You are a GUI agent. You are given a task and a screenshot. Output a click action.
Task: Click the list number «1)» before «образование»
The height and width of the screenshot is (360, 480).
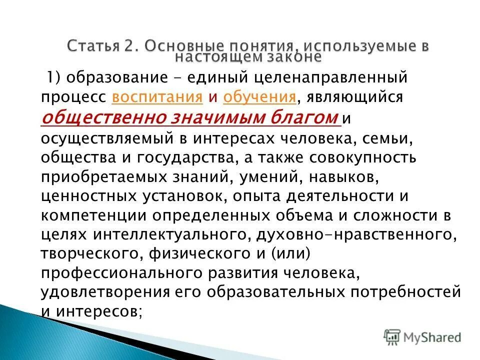tap(54, 77)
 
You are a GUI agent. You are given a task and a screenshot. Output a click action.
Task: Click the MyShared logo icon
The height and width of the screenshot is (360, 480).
tap(392, 337)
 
